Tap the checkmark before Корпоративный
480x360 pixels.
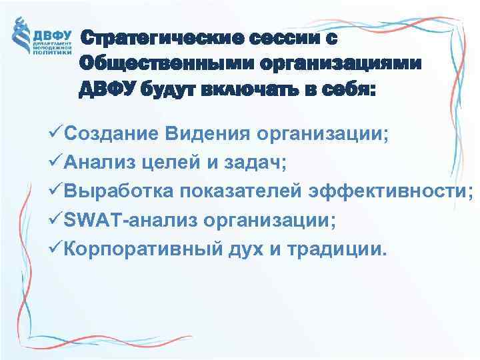pos(57,251)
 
